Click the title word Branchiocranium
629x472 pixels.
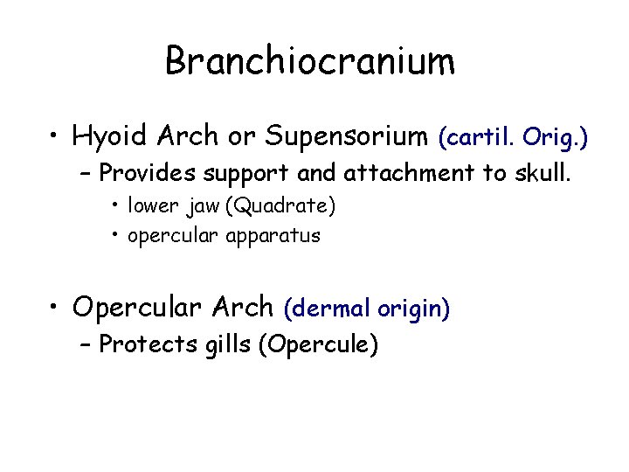click(310, 61)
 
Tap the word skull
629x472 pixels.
click(542, 172)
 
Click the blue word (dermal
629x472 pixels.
click(328, 308)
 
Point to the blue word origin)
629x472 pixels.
click(414, 308)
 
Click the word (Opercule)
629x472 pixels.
click(319, 344)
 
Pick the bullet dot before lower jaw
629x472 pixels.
click(116, 207)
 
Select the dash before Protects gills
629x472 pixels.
click(85, 344)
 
